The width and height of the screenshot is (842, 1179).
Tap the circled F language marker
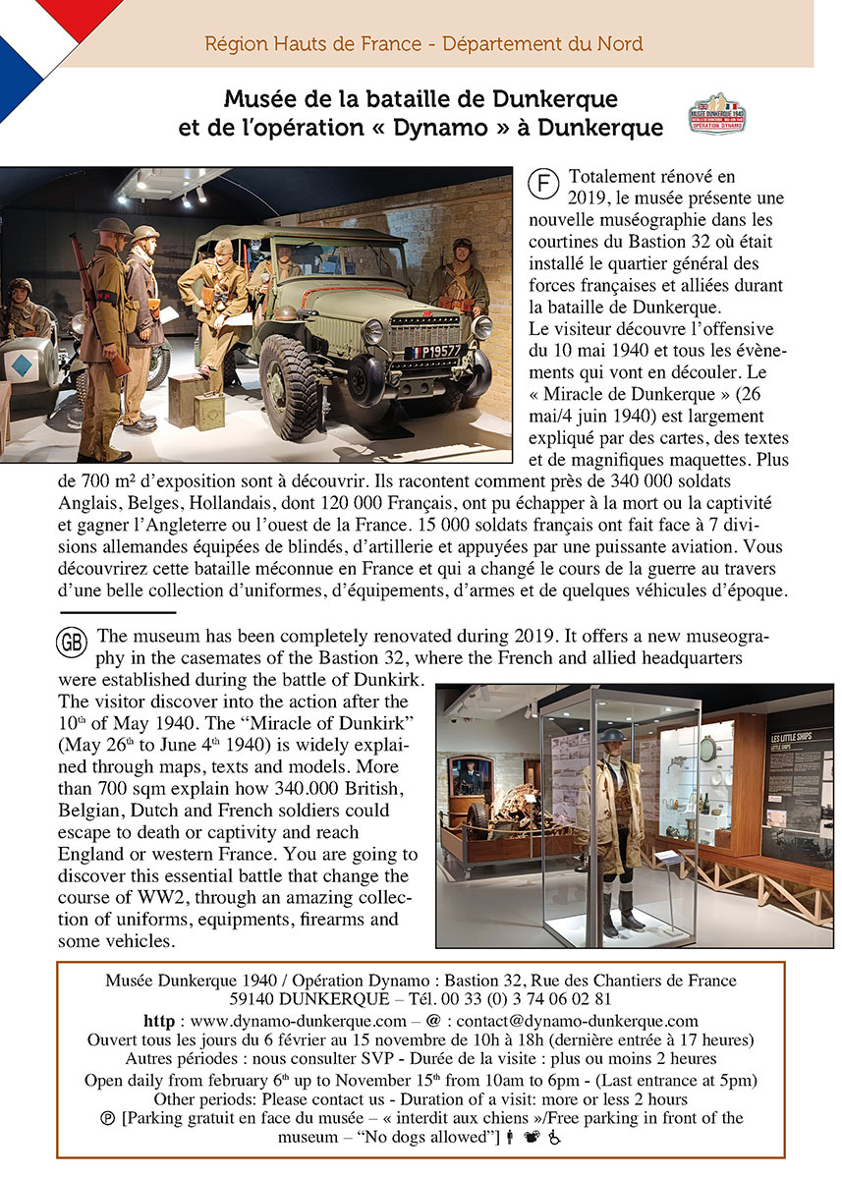[542, 183]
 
